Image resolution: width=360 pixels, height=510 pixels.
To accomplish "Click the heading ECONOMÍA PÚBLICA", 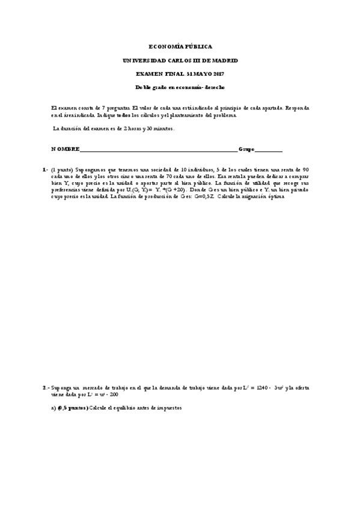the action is pyautogui.click(x=180, y=46).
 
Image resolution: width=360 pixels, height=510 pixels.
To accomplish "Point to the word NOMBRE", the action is pyautogui.click(x=65, y=149).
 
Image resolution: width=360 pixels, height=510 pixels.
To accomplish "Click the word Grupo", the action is pyautogui.click(x=246, y=149).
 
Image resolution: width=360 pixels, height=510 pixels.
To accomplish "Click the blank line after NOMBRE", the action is pyautogui.click(x=159, y=150).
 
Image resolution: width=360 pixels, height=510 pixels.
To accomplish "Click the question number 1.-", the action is pyautogui.click(x=46, y=170).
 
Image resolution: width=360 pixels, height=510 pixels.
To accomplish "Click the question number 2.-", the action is pyautogui.click(x=46, y=388).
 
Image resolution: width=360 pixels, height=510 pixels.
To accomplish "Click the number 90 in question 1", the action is pyautogui.click(x=305, y=170).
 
